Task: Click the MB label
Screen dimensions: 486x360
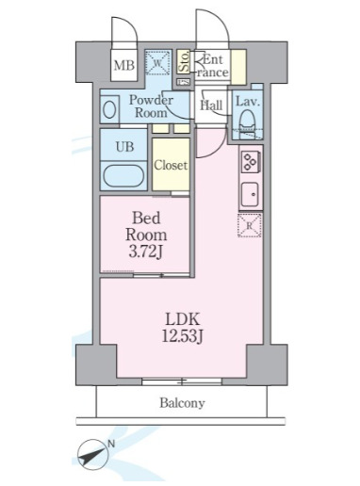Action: tap(123, 65)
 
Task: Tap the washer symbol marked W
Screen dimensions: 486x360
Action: tap(158, 64)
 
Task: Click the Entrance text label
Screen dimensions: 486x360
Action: tap(213, 66)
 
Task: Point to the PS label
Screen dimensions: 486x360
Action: tap(183, 82)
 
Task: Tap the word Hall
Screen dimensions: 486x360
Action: tap(211, 106)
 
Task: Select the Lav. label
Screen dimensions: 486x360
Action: tap(248, 101)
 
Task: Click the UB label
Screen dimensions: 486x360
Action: tap(123, 147)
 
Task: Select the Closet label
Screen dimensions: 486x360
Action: tap(172, 165)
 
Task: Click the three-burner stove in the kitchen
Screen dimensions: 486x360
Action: tap(251, 161)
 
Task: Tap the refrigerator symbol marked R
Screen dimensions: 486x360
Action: tap(251, 226)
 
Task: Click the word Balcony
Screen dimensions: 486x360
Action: tap(181, 403)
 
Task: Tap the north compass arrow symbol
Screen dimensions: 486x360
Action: tap(95, 456)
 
